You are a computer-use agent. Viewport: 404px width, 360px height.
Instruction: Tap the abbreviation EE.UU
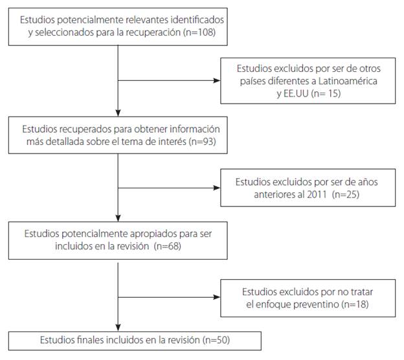pos(290,93)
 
